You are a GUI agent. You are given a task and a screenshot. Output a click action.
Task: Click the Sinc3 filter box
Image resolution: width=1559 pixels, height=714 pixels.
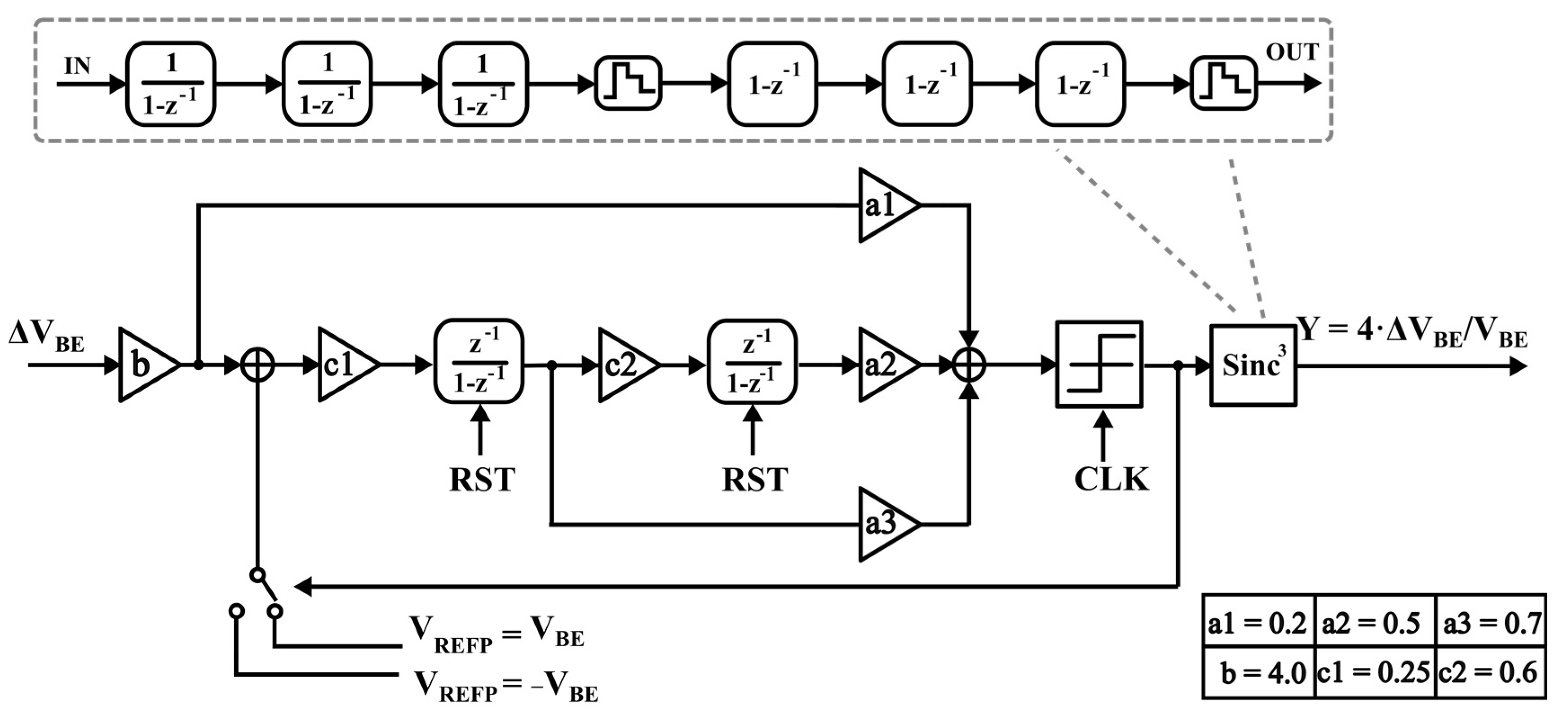[x=1253, y=365]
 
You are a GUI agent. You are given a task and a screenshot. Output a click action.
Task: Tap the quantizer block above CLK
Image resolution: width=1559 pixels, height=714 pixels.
[x=1099, y=364]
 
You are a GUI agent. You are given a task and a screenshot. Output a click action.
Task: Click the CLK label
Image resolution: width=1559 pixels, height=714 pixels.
[x=1111, y=479]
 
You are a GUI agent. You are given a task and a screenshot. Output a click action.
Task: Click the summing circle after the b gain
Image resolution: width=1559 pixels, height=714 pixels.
[x=258, y=365]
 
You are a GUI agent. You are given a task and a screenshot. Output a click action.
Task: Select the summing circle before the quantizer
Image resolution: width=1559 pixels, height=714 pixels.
[x=969, y=365]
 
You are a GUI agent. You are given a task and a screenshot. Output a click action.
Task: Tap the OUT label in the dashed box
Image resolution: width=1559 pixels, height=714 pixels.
[x=1292, y=53]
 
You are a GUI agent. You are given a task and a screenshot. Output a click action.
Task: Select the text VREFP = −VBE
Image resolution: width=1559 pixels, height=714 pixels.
[x=505, y=686]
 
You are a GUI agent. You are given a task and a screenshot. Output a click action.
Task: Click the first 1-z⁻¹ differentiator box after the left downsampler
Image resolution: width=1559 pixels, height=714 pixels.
[x=773, y=84]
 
